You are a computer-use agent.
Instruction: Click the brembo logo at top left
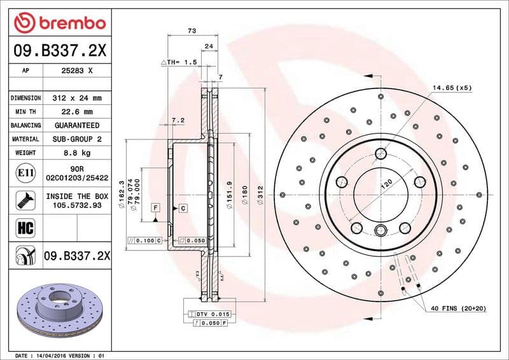click(x=59, y=24)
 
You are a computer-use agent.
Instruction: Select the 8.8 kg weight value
click(x=77, y=153)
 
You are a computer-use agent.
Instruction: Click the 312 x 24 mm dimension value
click(x=77, y=99)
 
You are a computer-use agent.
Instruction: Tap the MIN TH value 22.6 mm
click(x=77, y=112)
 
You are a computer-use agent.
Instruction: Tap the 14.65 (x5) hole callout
click(x=452, y=88)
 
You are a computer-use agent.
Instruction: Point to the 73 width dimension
click(x=192, y=31)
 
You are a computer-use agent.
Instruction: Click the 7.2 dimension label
click(x=178, y=120)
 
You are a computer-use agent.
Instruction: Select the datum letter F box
click(x=155, y=208)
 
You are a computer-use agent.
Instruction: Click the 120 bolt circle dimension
click(x=386, y=185)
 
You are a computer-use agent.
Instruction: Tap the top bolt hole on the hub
click(x=380, y=153)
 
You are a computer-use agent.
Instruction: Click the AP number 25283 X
click(x=77, y=72)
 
